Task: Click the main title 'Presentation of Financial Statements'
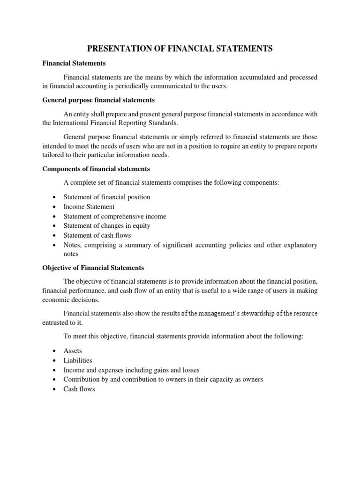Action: coord(180,48)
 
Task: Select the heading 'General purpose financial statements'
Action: coord(98,100)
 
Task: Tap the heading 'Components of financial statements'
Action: coord(96,169)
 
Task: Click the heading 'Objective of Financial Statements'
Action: coord(93,268)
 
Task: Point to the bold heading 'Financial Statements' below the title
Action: coord(74,62)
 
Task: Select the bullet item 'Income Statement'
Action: coord(89,207)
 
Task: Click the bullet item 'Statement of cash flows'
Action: coord(97,235)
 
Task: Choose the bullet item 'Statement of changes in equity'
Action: coord(106,226)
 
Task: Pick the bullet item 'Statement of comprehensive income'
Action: coord(114,217)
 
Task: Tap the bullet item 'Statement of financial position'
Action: coord(106,197)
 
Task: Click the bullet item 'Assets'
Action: coord(73,351)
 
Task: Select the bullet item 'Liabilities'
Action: coord(78,360)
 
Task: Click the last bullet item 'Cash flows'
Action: coord(79,389)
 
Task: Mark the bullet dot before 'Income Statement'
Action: coord(55,207)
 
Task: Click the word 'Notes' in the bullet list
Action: coord(72,245)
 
